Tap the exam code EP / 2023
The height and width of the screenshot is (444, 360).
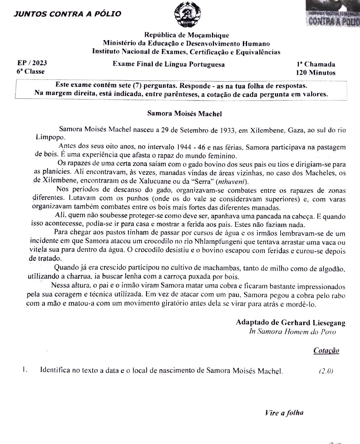[x=32, y=63]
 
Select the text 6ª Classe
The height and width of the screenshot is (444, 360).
[x=30, y=71]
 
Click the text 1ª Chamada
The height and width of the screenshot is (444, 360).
[x=316, y=64]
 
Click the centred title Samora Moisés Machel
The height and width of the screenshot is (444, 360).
[x=184, y=114]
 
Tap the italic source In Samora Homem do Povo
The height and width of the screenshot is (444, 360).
[x=292, y=332]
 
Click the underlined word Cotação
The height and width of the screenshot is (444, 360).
[x=326, y=350]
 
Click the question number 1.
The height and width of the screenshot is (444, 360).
[x=25, y=370]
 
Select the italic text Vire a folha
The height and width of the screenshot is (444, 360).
[x=284, y=413]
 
